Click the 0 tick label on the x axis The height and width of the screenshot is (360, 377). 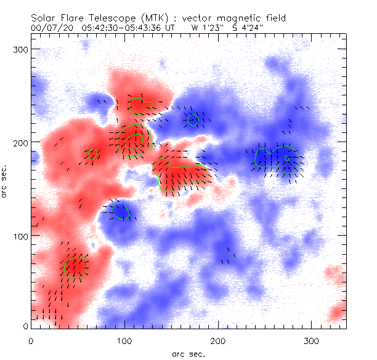point(31,340)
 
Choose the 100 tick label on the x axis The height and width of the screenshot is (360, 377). point(124,340)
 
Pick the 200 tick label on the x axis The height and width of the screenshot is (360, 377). point(218,340)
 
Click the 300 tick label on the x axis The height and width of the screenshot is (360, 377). point(312,340)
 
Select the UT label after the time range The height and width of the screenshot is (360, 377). point(171,28)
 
